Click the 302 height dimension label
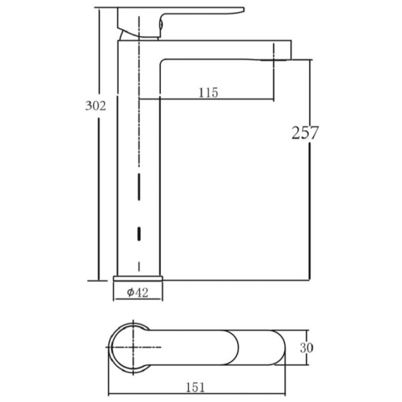pyautogui.click(x=96, y=105)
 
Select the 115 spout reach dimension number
pyautogui.click(x=208, y=92)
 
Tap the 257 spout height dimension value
pyautogui.click(x=305, y=133)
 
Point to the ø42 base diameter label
pyautogui.click(x=138, y=292)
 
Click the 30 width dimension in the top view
pyautogui.click(x=306, y=348)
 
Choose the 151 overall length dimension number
pyautogui.click(x=195, y=387)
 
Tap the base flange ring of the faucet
pyautogui.click(x=138, y=278)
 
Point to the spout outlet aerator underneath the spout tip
pyautogui.click(x=273, y=60)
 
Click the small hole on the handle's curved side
pyautogui.click(x=161, y=25)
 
